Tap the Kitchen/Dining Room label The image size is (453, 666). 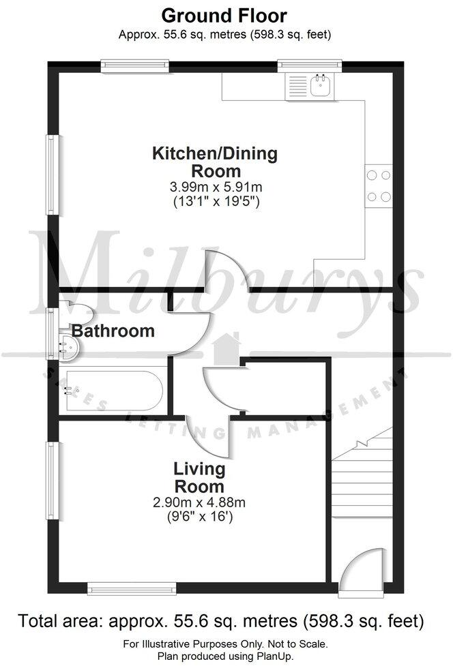(x=215, y=162)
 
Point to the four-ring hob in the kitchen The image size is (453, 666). (x=379, y=185)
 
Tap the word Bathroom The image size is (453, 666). (x=113, y=331)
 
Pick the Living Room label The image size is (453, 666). (x=199, y=478)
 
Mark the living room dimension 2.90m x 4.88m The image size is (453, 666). (x=199, y=503)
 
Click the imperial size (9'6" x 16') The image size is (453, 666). (x=199, y=517)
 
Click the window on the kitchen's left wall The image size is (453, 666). (x=51, y=175)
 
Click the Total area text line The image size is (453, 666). (x=222, y=621)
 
